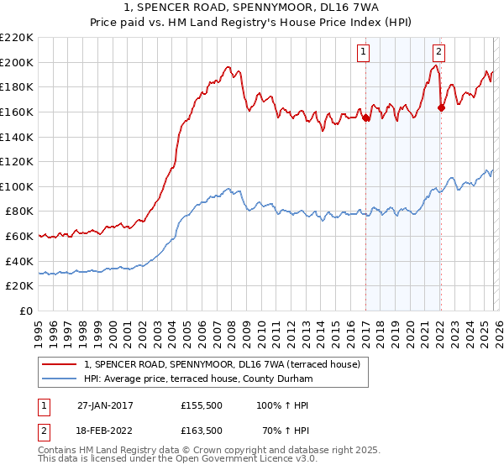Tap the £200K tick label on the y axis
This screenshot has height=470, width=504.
pos(17,62)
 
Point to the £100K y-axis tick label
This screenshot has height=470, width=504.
pos(17,186)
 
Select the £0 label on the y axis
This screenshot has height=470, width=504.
pos(26,311)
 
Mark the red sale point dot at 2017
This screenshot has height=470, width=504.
pos(365,118)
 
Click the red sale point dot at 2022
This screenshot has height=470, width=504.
pos(441,107)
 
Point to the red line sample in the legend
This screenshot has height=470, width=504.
pos(60,364)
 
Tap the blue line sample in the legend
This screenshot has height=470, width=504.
pos(60,379)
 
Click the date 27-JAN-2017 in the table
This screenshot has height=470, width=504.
pos(105,405)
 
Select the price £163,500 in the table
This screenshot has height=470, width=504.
pos(202,431)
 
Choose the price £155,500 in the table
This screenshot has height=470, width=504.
pos(202,405)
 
